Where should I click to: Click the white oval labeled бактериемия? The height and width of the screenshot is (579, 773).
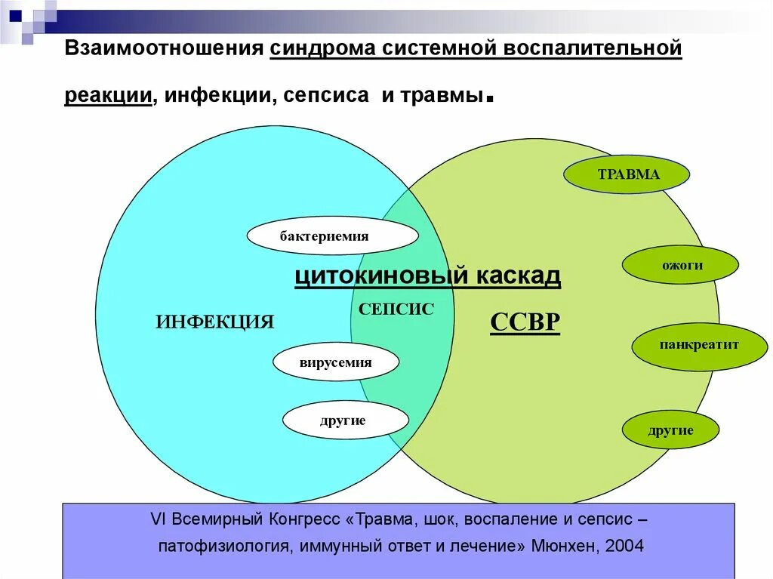[x=332, y=236]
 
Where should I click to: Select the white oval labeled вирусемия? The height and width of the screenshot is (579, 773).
[x=336, y=362]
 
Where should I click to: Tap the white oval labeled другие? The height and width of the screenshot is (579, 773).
[x=345, y=420]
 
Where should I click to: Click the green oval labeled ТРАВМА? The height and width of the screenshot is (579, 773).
[x=627, y=174]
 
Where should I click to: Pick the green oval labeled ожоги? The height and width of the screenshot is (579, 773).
[x=680, y=265]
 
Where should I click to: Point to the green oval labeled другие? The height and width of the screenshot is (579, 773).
[x=670, y=430]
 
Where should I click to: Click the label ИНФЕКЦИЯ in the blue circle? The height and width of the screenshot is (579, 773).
[x=215, y=322]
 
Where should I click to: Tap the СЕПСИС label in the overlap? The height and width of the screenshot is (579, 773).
[x=396, y=309]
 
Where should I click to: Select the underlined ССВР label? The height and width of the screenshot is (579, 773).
[x=525, y=323]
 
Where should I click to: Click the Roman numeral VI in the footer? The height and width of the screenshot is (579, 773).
[x=158, y=520]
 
